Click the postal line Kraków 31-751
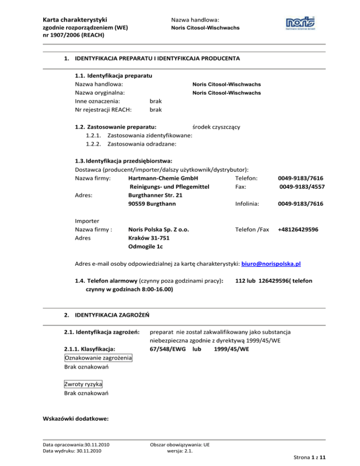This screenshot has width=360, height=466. coord(148,239)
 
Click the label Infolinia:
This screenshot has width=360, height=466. coord(250,204)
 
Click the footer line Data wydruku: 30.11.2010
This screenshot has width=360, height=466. coord(73,451)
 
